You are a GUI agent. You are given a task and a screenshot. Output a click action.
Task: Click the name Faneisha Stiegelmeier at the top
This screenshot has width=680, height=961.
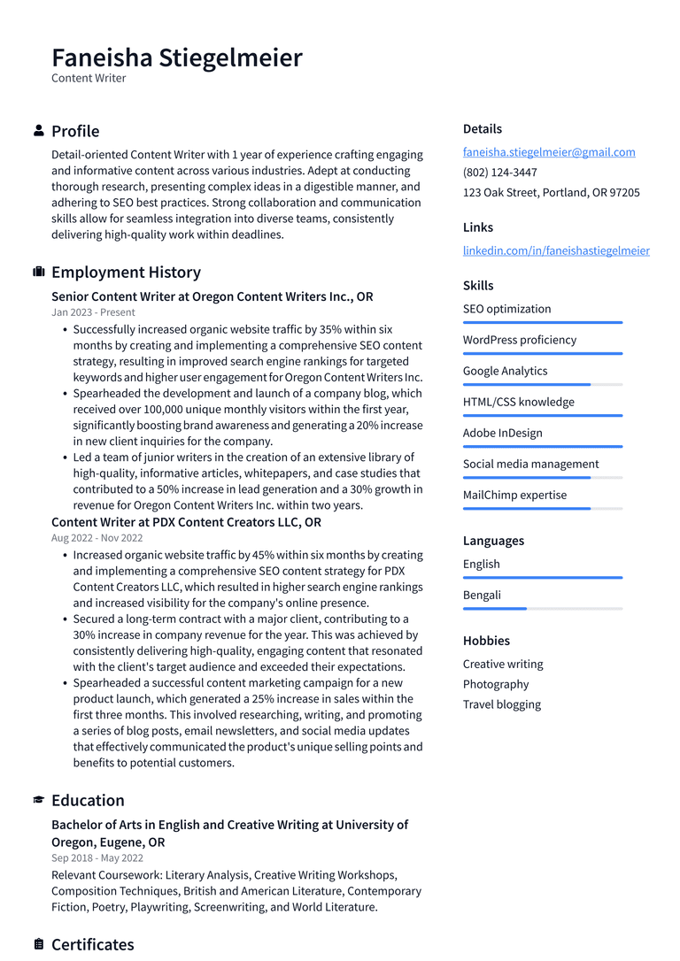click(x=177, y=58)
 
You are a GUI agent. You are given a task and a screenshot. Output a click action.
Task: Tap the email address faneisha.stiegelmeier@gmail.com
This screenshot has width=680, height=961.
click(x=549, y=152)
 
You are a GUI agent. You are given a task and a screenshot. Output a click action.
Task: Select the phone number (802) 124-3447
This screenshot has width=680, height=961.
click(x=499, y=173)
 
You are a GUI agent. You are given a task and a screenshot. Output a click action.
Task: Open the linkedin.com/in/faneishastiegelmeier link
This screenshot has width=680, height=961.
click(x=556, y=250)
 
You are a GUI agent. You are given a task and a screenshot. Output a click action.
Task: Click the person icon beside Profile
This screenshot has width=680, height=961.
click(x=39, y=131)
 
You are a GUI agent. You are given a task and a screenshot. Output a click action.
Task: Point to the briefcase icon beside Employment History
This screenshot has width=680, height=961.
click(x=39, y=273)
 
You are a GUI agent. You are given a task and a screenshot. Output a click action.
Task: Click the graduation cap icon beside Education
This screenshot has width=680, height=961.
click(x=39, y=800)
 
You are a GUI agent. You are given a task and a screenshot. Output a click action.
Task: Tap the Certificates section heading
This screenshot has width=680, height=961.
click(x=92, y=944)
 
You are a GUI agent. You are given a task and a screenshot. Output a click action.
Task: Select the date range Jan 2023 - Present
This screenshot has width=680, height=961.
click(x=93, y=312)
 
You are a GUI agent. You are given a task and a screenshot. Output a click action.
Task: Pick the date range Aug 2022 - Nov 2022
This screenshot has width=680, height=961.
click(x=97, y=538)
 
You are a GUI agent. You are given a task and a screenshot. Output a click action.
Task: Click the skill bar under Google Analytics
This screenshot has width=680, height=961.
click(x=542, y=385)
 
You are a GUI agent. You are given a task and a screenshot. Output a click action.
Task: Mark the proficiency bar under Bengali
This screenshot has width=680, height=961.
click(x=542, y=609)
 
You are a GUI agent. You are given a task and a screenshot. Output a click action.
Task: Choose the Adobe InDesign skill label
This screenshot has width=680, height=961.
click(x=502, y=433)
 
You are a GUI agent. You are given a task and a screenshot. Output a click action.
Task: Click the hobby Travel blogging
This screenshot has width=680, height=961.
click(x=501, y=704)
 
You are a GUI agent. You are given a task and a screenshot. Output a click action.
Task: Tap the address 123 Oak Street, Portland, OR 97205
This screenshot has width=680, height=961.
click(x=551, y=193)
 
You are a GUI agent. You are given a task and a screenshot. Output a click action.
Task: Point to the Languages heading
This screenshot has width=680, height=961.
click(x=493, y=541)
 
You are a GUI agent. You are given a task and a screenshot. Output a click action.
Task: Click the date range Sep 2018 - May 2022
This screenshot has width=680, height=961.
click(x=97, y=858)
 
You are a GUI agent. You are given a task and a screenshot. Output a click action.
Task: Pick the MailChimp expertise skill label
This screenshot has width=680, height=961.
click(x=514, y=495)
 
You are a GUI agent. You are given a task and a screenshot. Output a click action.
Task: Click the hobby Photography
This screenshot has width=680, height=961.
click(x=496, y=684)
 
